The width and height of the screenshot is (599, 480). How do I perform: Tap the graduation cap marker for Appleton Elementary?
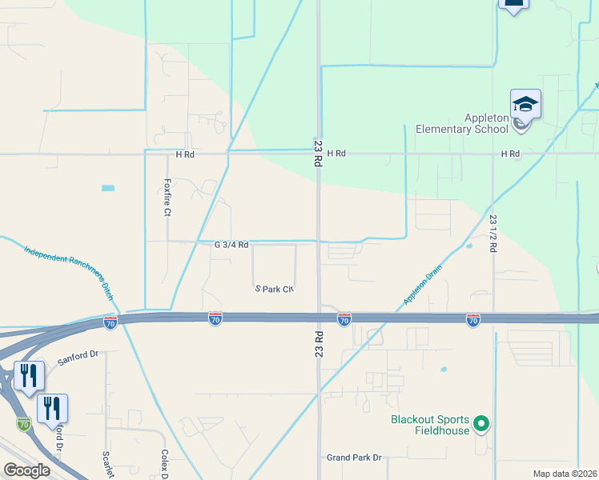coord(525,106)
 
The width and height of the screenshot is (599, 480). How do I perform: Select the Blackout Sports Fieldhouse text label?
coord(428,425)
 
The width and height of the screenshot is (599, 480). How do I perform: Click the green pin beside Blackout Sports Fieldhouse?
coord(480,423)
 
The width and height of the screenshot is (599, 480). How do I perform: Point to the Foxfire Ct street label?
coord(168,198)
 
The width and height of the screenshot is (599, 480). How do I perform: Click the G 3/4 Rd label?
coord(231,244)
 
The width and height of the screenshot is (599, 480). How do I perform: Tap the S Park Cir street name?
coord(275,288)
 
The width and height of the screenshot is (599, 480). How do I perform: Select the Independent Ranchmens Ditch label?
coord(66,271)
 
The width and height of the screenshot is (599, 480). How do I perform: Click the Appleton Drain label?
coord(423,286)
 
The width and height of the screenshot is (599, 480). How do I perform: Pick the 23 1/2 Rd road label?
coord(493,233)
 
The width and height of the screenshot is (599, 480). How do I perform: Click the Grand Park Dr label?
coord(355,458)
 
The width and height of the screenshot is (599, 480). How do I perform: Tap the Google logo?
coord(27,470)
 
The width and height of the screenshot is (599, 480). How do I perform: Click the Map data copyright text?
coord(564,474)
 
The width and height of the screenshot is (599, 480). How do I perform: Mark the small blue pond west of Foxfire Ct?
coord(108,188)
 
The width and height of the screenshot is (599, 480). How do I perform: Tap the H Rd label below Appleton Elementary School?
coord(510,153)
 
